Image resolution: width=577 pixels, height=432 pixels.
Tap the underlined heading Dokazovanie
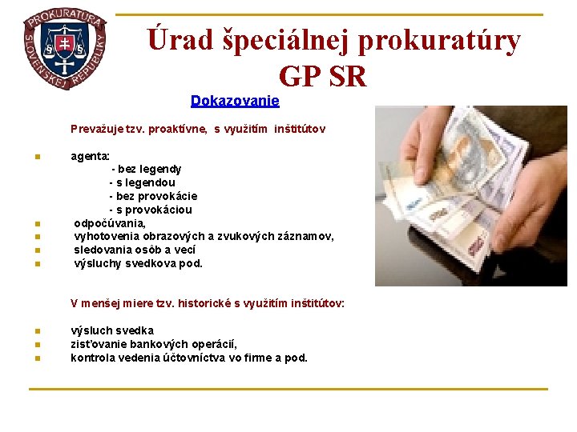(x=235, y=101)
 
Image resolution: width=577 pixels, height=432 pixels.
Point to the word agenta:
(x=91, y=156)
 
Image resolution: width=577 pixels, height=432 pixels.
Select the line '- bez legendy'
(x=146, y=169)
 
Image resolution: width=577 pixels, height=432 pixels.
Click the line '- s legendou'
(x=142, y=182)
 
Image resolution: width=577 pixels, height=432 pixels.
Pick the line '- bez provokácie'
(x=153, y=196)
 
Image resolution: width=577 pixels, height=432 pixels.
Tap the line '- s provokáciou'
(x=151, y=210)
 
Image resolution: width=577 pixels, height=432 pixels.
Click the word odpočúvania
(x=110, y=223)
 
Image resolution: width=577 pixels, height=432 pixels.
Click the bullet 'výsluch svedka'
(x=112, y=330)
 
